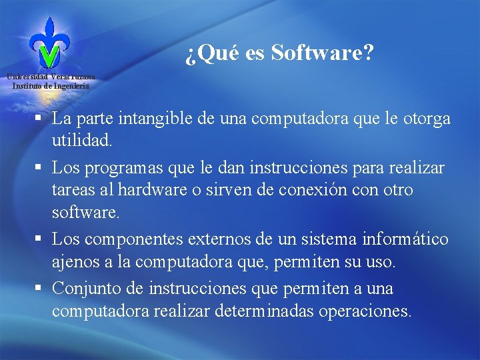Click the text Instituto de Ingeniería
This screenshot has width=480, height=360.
click(51, 85)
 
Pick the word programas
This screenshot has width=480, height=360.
click(120, 167)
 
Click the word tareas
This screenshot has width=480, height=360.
click(73, 190)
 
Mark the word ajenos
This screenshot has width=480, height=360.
click(74, 262)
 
